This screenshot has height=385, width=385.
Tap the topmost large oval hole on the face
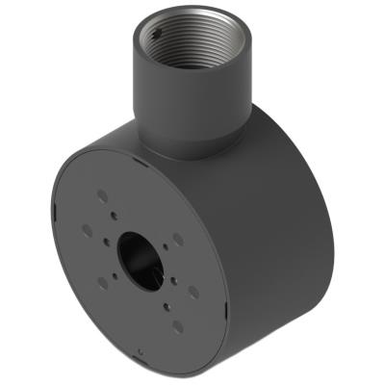tap(102, 195)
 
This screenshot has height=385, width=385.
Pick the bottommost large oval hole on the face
tap(177, 326)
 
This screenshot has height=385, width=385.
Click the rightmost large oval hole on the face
tap(193, 292)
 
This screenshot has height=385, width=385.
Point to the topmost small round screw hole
tap(115, 216)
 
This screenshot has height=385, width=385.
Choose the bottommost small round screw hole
tap(167, 306)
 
